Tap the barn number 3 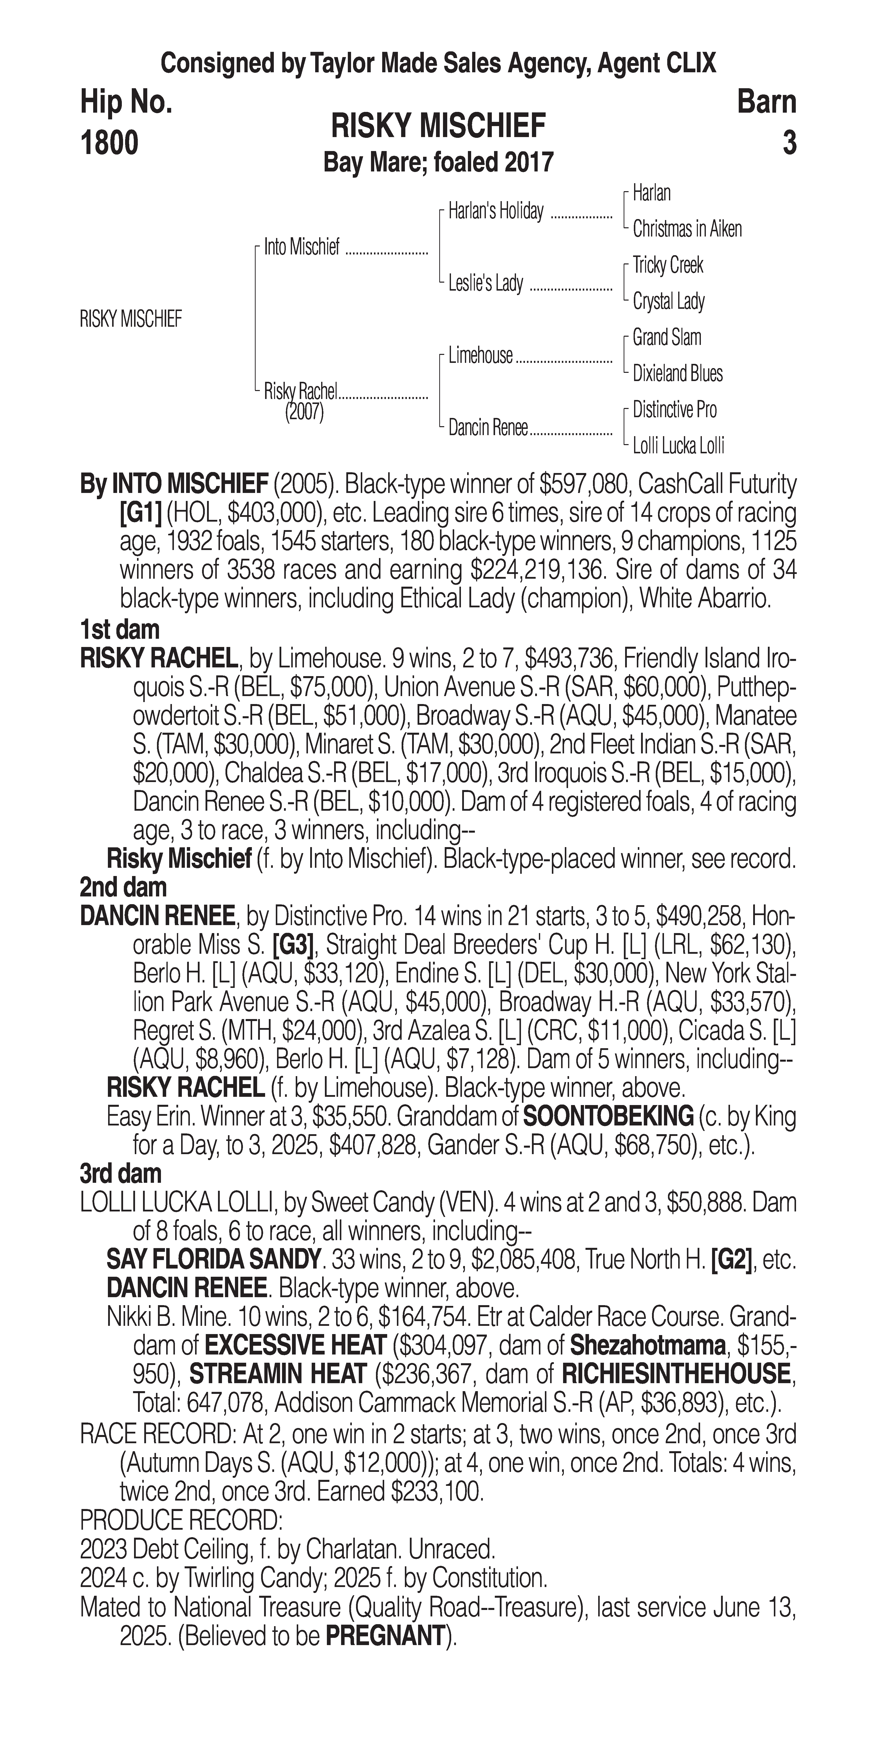point(789,144)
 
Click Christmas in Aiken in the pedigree point(687,229)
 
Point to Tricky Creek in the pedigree point(668,265)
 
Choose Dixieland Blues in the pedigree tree point(677,373)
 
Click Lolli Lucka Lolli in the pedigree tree point(678,446)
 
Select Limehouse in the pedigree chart point(480,356)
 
